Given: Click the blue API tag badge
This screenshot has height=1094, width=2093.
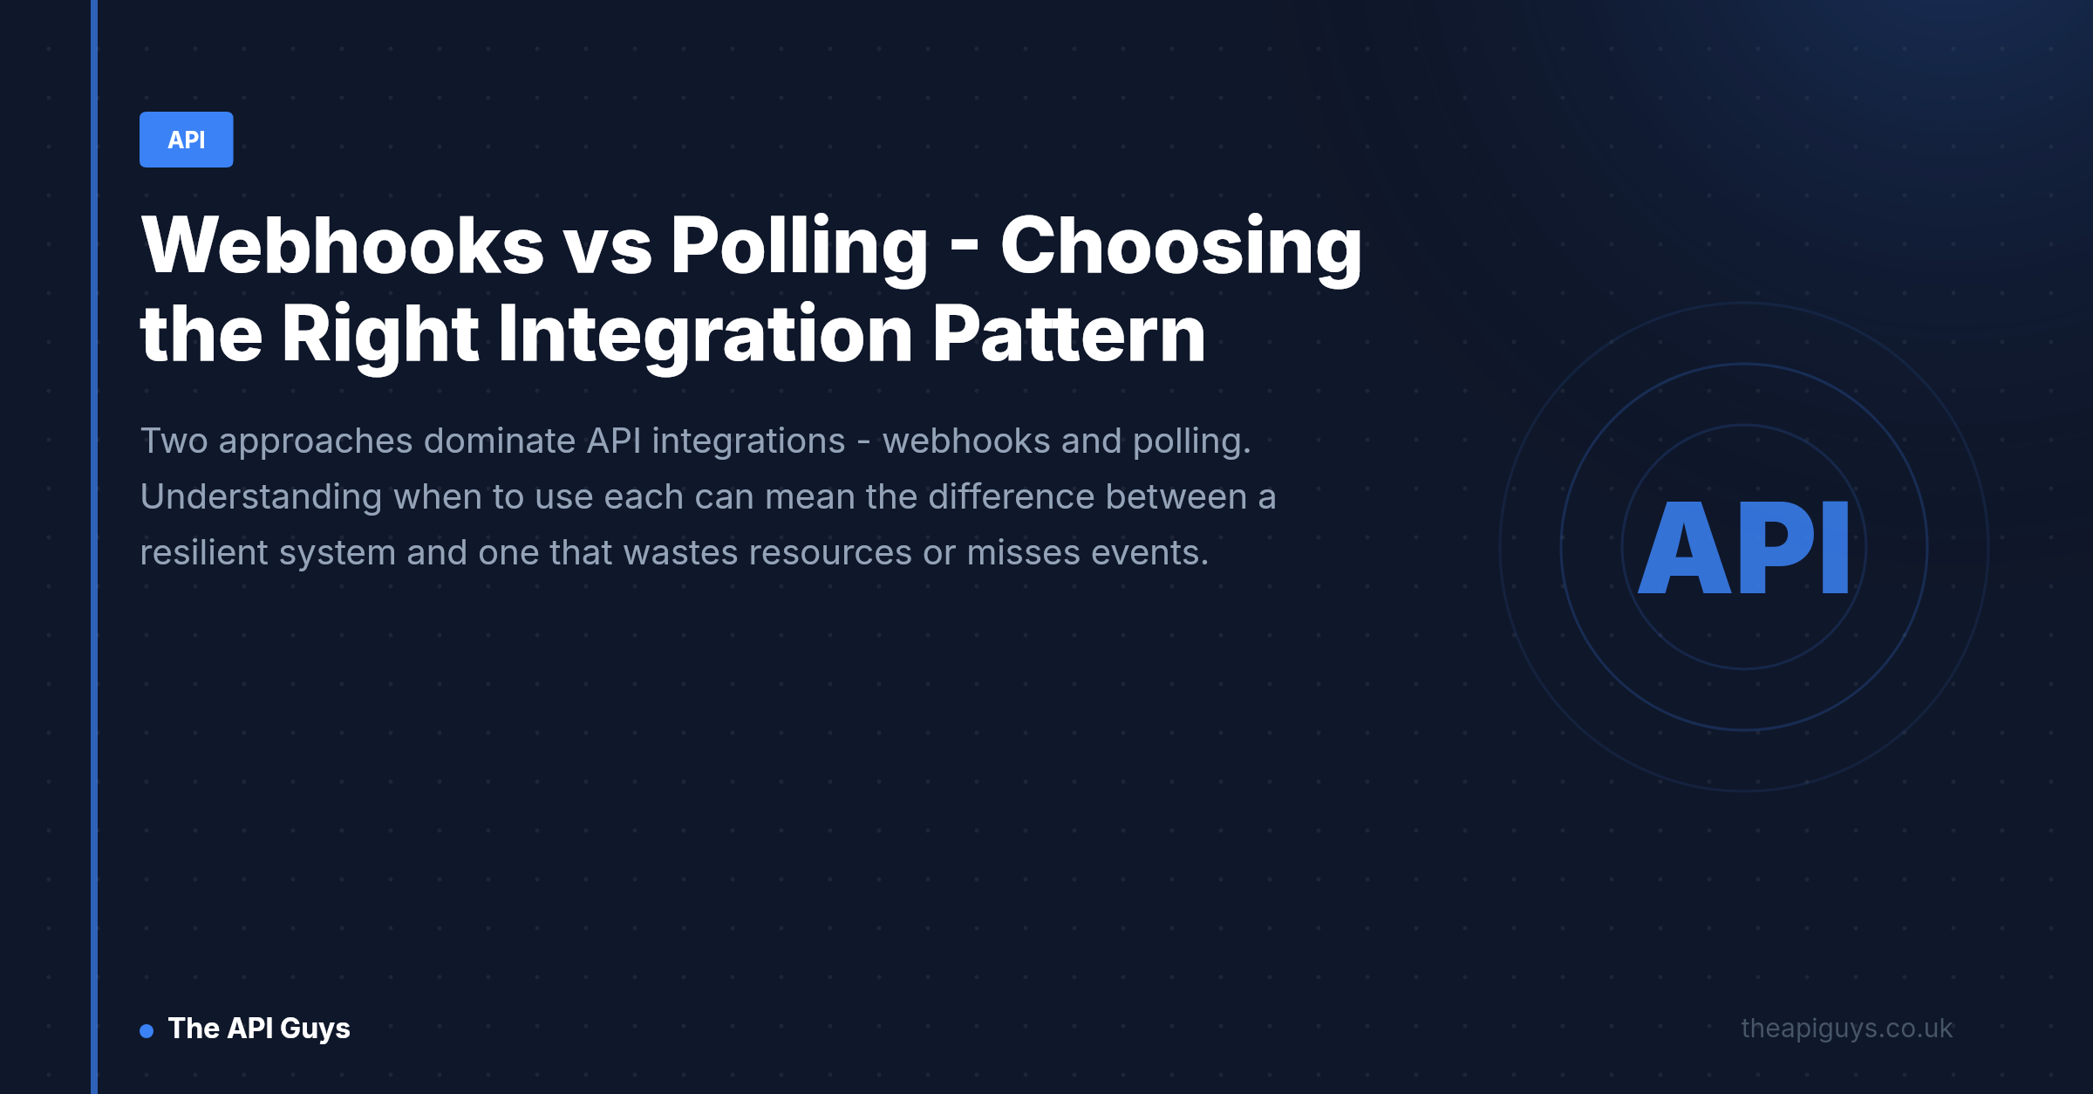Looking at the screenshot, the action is pyautogui.click(x=186, y=140).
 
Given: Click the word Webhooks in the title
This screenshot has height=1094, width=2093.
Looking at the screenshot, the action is pyautogui.click(x=343, y=246).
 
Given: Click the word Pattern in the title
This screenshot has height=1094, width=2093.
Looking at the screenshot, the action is pyautogui.click(x=1068, y=335).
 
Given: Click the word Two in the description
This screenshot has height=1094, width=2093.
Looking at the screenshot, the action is pyautogui.click(x=174, y=441).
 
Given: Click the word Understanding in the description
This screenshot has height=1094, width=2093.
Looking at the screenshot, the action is pyautogui.click(x=261, y=498).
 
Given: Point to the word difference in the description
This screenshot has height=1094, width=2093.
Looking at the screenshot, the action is pyautogui.click(x=1011, y=496).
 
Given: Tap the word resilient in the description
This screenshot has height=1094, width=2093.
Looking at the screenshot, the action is pyautogui.click(x=203, y=552).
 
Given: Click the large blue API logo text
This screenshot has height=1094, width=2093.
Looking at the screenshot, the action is pyautogui.click(x=1743, y=548).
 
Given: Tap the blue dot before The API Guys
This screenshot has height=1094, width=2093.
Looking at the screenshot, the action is pyautogui.click(x=147, y=1031).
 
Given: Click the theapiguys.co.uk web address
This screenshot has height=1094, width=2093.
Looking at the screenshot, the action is pyautogui.click(x=1846, y=1029).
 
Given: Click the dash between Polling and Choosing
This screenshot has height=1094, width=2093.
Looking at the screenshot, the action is pyautogui.click(x=964, y=248).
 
